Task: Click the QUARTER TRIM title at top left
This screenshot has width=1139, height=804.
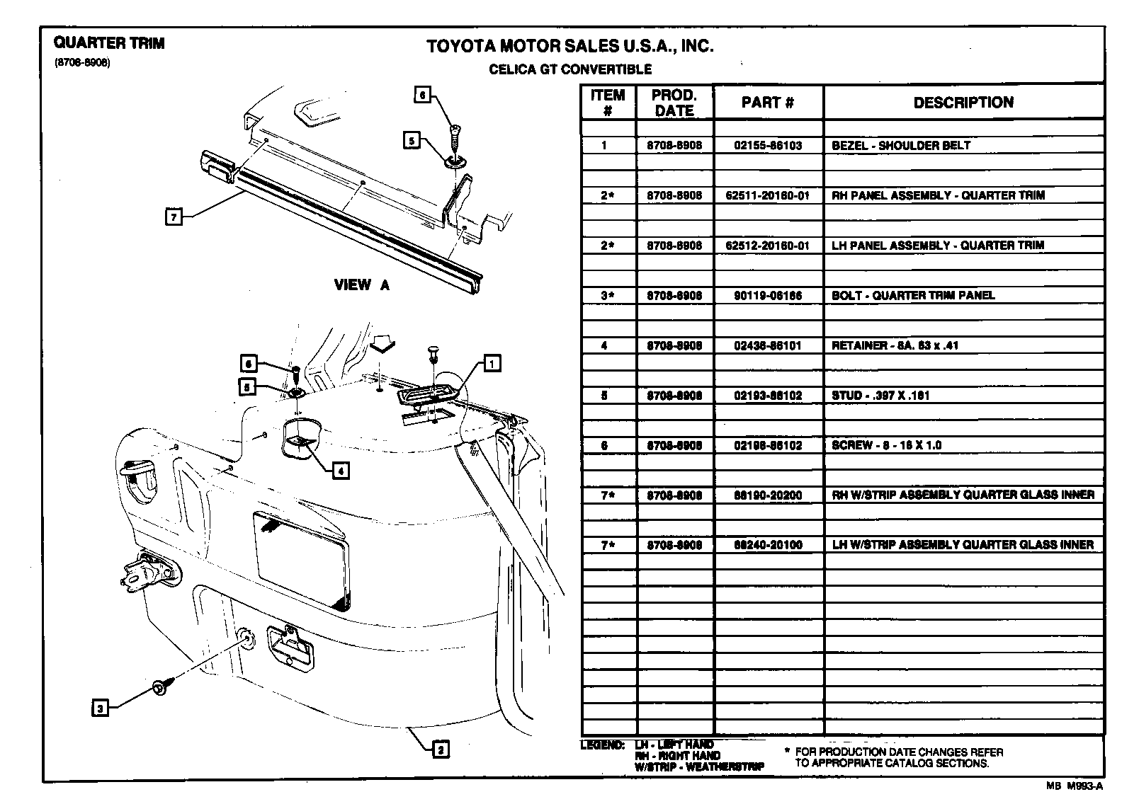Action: (x=109, y=43)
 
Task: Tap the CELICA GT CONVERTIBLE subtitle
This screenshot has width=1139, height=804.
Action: (x=570, y=69)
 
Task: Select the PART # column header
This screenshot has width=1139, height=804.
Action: (x=768, y=103)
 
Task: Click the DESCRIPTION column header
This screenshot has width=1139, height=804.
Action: (x=963, y=103)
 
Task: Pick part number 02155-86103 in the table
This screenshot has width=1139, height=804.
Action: (x=768, y=146)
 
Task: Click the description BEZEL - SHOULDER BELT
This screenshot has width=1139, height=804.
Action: (x=901, y=146)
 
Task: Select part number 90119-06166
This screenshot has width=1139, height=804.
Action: (x=768, y=296)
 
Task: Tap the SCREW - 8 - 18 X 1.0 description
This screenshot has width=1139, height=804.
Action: (x=886, y=446)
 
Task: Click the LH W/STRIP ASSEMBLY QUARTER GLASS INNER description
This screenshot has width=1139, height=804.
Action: (x=963, y=545)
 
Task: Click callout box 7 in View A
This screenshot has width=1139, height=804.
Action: (x=174, y=217)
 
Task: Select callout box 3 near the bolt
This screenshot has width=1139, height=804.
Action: (x=101, y=708)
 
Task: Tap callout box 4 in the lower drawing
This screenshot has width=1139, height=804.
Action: (x=341, y=470)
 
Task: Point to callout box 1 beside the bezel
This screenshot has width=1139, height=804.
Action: (x=492, y=364)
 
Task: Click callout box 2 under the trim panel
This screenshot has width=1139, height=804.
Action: (x=440, y=750)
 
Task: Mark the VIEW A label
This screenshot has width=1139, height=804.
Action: (x=361, y=285)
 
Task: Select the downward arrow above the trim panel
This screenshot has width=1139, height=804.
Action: (x=382, y=343)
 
